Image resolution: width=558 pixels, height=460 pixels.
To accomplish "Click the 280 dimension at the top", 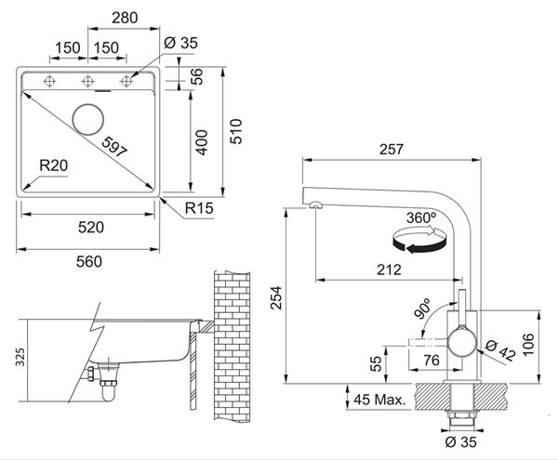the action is pos(125,18).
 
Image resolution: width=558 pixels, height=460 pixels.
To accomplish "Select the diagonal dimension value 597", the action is pos(114,147).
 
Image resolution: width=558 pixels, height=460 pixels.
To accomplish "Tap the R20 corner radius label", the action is pos(53,165).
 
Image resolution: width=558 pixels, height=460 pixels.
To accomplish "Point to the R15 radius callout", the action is pos(199,208).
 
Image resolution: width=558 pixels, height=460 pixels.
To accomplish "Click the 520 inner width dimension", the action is pos(91,228).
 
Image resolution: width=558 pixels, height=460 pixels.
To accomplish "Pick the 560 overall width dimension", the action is pos(89,262).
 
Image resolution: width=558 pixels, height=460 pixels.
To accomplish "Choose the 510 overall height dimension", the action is pos(236,131).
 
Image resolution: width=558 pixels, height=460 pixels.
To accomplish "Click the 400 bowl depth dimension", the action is pos(202,142).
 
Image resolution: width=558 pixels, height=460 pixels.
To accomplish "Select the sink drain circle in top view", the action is pos(88,120).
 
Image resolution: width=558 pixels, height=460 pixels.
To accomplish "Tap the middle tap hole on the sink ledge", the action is pos(88,82).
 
